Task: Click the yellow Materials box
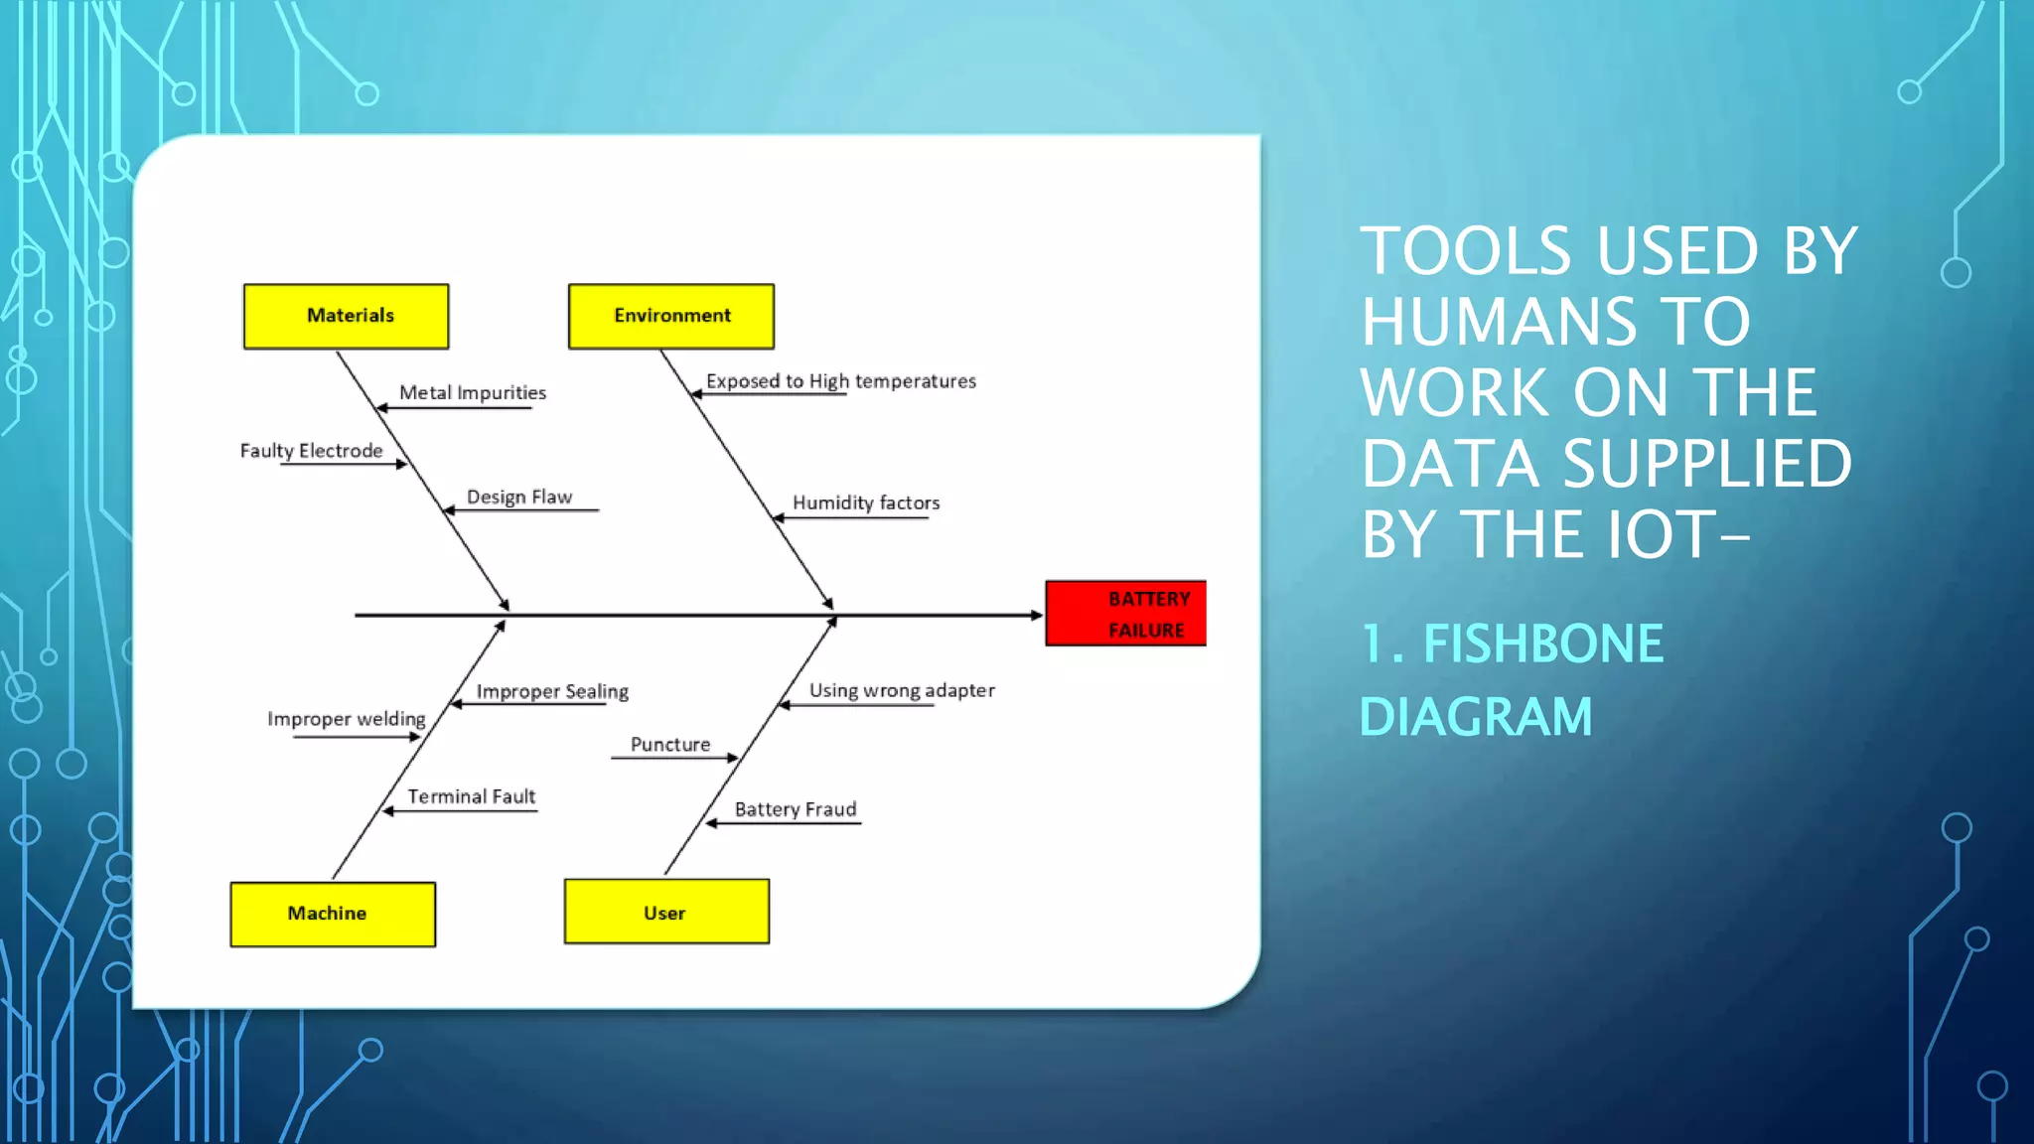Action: click(x=346, y=316)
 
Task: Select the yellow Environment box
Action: click(x=671, y=316)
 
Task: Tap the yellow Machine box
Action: click(x=333, y=914)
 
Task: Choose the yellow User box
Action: click(x=666, y=912)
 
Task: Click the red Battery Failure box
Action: click(x=1126, y=614)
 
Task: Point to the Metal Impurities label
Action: click(x=473, y=392)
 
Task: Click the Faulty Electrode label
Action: click(x=311, y=451)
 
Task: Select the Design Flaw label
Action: click(x=519, y=497)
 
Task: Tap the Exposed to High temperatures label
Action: click(x=840, y=381)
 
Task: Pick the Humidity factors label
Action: click(x=866, y=502)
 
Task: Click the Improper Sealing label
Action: click(x=552, y=691)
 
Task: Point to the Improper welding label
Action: click(x=346, y=719)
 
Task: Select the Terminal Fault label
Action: click(x=471, y=796)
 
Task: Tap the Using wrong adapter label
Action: click(x=902, y=690)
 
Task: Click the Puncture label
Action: click(x=670, y=745)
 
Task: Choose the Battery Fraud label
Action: click(x=796, y=809)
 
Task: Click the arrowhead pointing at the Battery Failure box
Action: click(x=1036, y=616)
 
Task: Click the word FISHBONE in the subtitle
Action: click(x=1542, y=643)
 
